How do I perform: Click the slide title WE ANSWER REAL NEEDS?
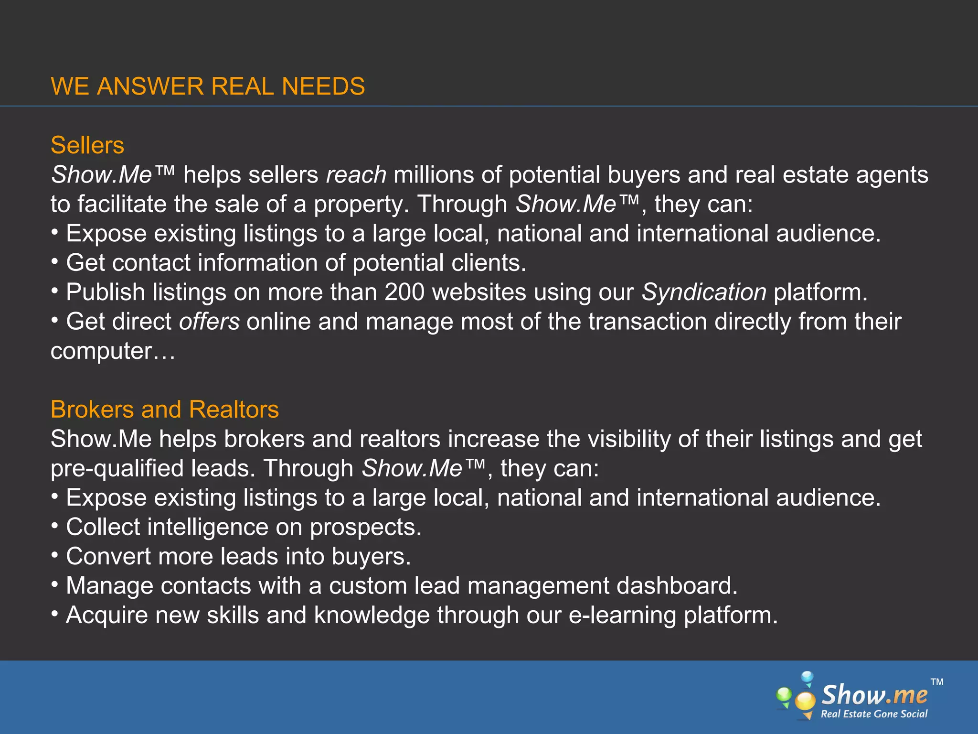point(208,86)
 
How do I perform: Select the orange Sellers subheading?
point(87,145)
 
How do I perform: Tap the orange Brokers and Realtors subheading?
point(165,410)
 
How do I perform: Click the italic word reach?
point(356,175)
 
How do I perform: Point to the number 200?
point(404,292)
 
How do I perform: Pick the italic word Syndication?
point(703,292)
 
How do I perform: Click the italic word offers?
point(209,322)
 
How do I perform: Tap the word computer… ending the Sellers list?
point(113,351)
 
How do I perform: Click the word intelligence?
point(208,527)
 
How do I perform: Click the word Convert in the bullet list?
point(108,557)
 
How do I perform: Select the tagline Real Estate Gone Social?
point(874,714)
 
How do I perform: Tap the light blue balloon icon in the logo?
point(807,677)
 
